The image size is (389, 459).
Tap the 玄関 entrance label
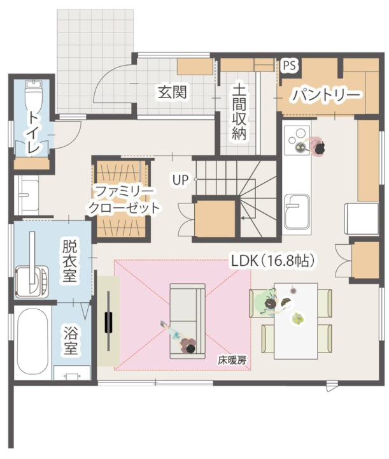click(172, 92)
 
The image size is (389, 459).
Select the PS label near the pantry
click(290, 64)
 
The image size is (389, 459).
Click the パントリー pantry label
click(327, 96)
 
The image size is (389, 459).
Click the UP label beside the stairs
click(180, 180)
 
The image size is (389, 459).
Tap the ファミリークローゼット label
click(123, 200)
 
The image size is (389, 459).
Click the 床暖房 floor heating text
click(232, 360)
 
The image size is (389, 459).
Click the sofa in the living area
click(187, 312)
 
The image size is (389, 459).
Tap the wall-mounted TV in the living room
click(110, 321)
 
